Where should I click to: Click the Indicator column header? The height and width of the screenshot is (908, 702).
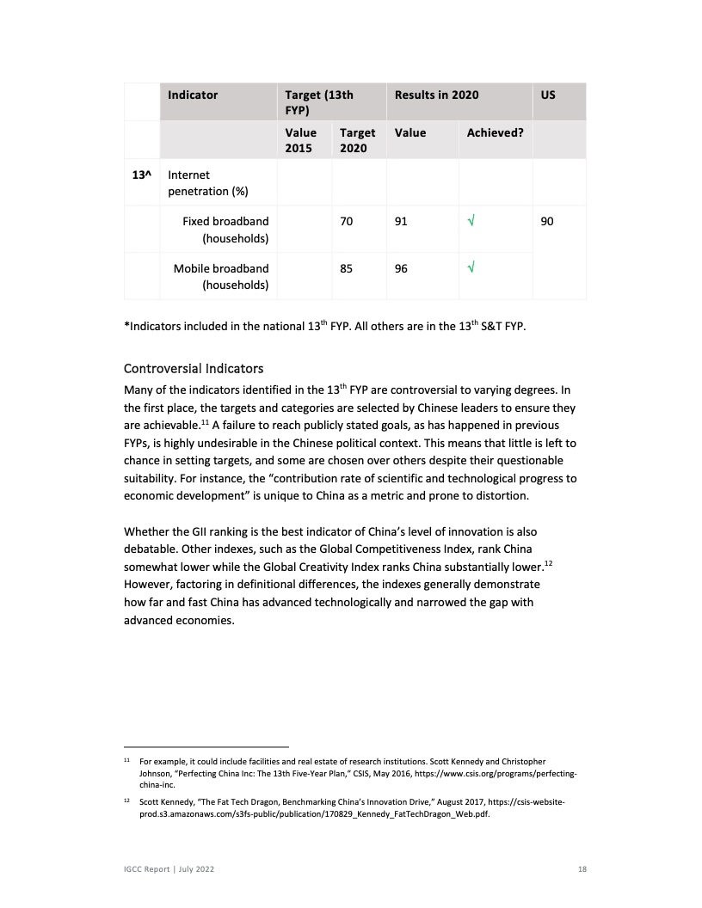coord(193,95)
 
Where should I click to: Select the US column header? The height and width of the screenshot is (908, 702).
coord(548,95)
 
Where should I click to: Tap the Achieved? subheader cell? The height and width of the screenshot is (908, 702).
coord(496,132)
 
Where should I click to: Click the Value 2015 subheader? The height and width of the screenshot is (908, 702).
coord(301,139)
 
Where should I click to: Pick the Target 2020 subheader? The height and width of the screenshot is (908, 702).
coord(357,139)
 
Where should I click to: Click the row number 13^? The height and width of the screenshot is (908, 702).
coord(141,175)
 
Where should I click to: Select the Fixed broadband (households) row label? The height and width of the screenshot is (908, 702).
coord(225,230)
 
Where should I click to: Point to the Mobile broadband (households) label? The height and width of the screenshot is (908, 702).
coord(221,277)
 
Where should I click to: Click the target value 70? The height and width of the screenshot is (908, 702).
coord(347,222)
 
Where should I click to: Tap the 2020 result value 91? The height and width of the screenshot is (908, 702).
coord(401,222)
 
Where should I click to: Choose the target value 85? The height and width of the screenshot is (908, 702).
coord(347,268)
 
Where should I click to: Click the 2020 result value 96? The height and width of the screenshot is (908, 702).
coord(401,268)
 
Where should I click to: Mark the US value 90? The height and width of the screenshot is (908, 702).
coord(547,222)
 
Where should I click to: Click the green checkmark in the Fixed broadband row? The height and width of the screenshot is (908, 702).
coord(471,222)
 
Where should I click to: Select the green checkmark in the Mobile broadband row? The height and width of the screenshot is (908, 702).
coord(471,268)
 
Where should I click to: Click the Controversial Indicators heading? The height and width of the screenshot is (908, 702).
coord(194,369)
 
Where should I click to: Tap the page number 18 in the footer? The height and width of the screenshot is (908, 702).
coord(582,870)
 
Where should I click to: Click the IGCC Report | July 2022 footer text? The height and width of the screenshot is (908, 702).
coord(169,870)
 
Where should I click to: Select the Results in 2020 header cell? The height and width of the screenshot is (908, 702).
coord(436,95)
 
